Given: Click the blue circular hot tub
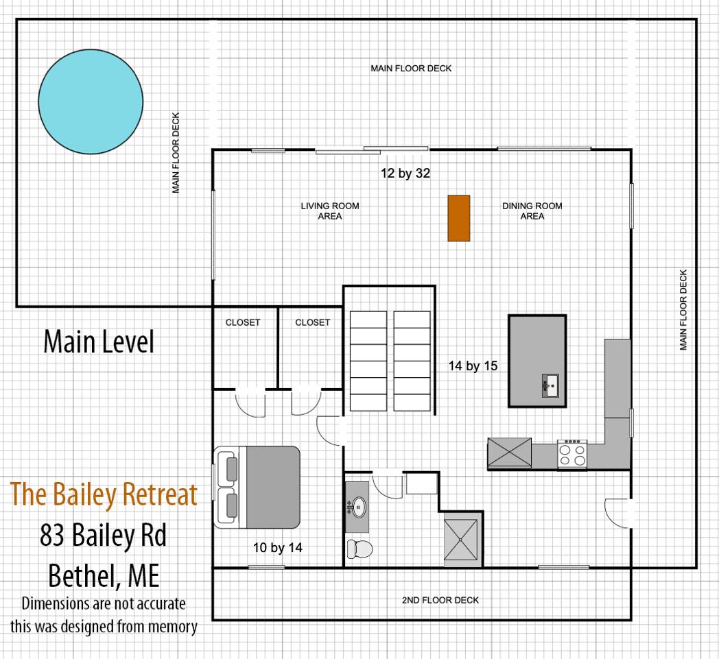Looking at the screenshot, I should (91, 101).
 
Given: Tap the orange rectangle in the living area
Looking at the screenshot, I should (459, 218).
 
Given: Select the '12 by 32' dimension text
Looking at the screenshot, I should (405, 173).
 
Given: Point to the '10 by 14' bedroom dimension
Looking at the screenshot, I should (278, 547).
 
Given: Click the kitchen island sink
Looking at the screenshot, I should (550, 385).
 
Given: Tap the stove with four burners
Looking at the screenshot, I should (572, 454).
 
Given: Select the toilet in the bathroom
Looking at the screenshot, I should (359, 548).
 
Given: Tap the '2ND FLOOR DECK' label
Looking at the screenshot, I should (440, 600).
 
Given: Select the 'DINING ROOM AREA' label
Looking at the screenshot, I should (532, 211).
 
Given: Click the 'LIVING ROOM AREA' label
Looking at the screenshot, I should (330, 211).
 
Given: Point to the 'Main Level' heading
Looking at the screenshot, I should (99, 342).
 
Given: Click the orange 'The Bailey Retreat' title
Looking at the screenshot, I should (104, 494).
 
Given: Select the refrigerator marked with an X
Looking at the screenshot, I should (509, 453).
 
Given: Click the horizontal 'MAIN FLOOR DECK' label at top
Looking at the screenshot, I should (411, 69).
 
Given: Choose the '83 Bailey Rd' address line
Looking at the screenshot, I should (104, 535).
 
